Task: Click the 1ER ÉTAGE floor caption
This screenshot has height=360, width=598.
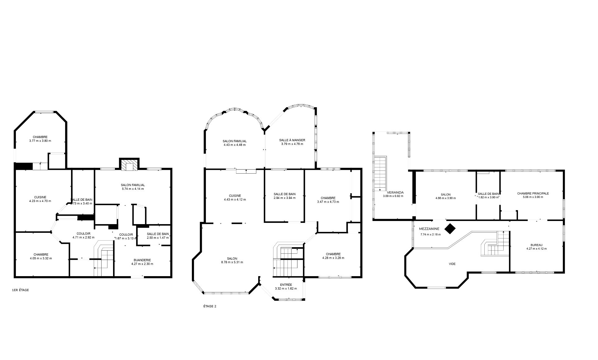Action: pyautogui.click(x=20, y=290)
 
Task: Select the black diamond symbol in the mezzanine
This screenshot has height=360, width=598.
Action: pyautogui.click(x=450, y=229)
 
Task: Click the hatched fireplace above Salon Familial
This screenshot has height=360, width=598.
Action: pyautogui.click(x=129, y=166)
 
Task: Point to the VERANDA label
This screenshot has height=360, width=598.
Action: pyautogui.click(x=395, y=192)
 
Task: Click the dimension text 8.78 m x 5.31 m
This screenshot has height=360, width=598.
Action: pyautogui.click(x=232, y=262)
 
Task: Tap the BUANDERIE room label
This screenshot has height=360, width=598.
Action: pyautogui.click(x=142, y=260)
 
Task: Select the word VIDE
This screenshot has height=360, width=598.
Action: pyautogui.click(x=452, y=264)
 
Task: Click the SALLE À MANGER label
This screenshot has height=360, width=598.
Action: pyautogui.click(x=292, y=140)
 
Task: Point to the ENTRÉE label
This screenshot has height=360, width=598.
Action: pyautogui.click(x=286, y=285)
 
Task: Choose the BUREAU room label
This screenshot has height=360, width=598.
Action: pyautogui.click(x=536, y=245)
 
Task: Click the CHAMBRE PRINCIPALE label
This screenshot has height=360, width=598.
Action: pyautogui.click(x=533, y=193)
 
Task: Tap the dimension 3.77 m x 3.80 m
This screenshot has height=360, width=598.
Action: pyautogui.click(x=40, y=141)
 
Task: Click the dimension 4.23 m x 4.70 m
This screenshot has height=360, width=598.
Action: pyautogui.click(x=40, y=201)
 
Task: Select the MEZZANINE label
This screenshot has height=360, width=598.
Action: pyautogui.click(x=429, y=229)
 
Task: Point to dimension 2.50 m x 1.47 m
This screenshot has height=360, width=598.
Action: pyautogui.click(x=158, y=238)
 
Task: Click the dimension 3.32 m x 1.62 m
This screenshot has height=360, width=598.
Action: pyautogui.click(x=286, y=289)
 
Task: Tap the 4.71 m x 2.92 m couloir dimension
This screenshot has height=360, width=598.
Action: pyautogui.click(x=83, y=237)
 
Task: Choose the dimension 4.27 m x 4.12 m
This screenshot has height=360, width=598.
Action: pyautogui.click(x=536, y=249)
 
